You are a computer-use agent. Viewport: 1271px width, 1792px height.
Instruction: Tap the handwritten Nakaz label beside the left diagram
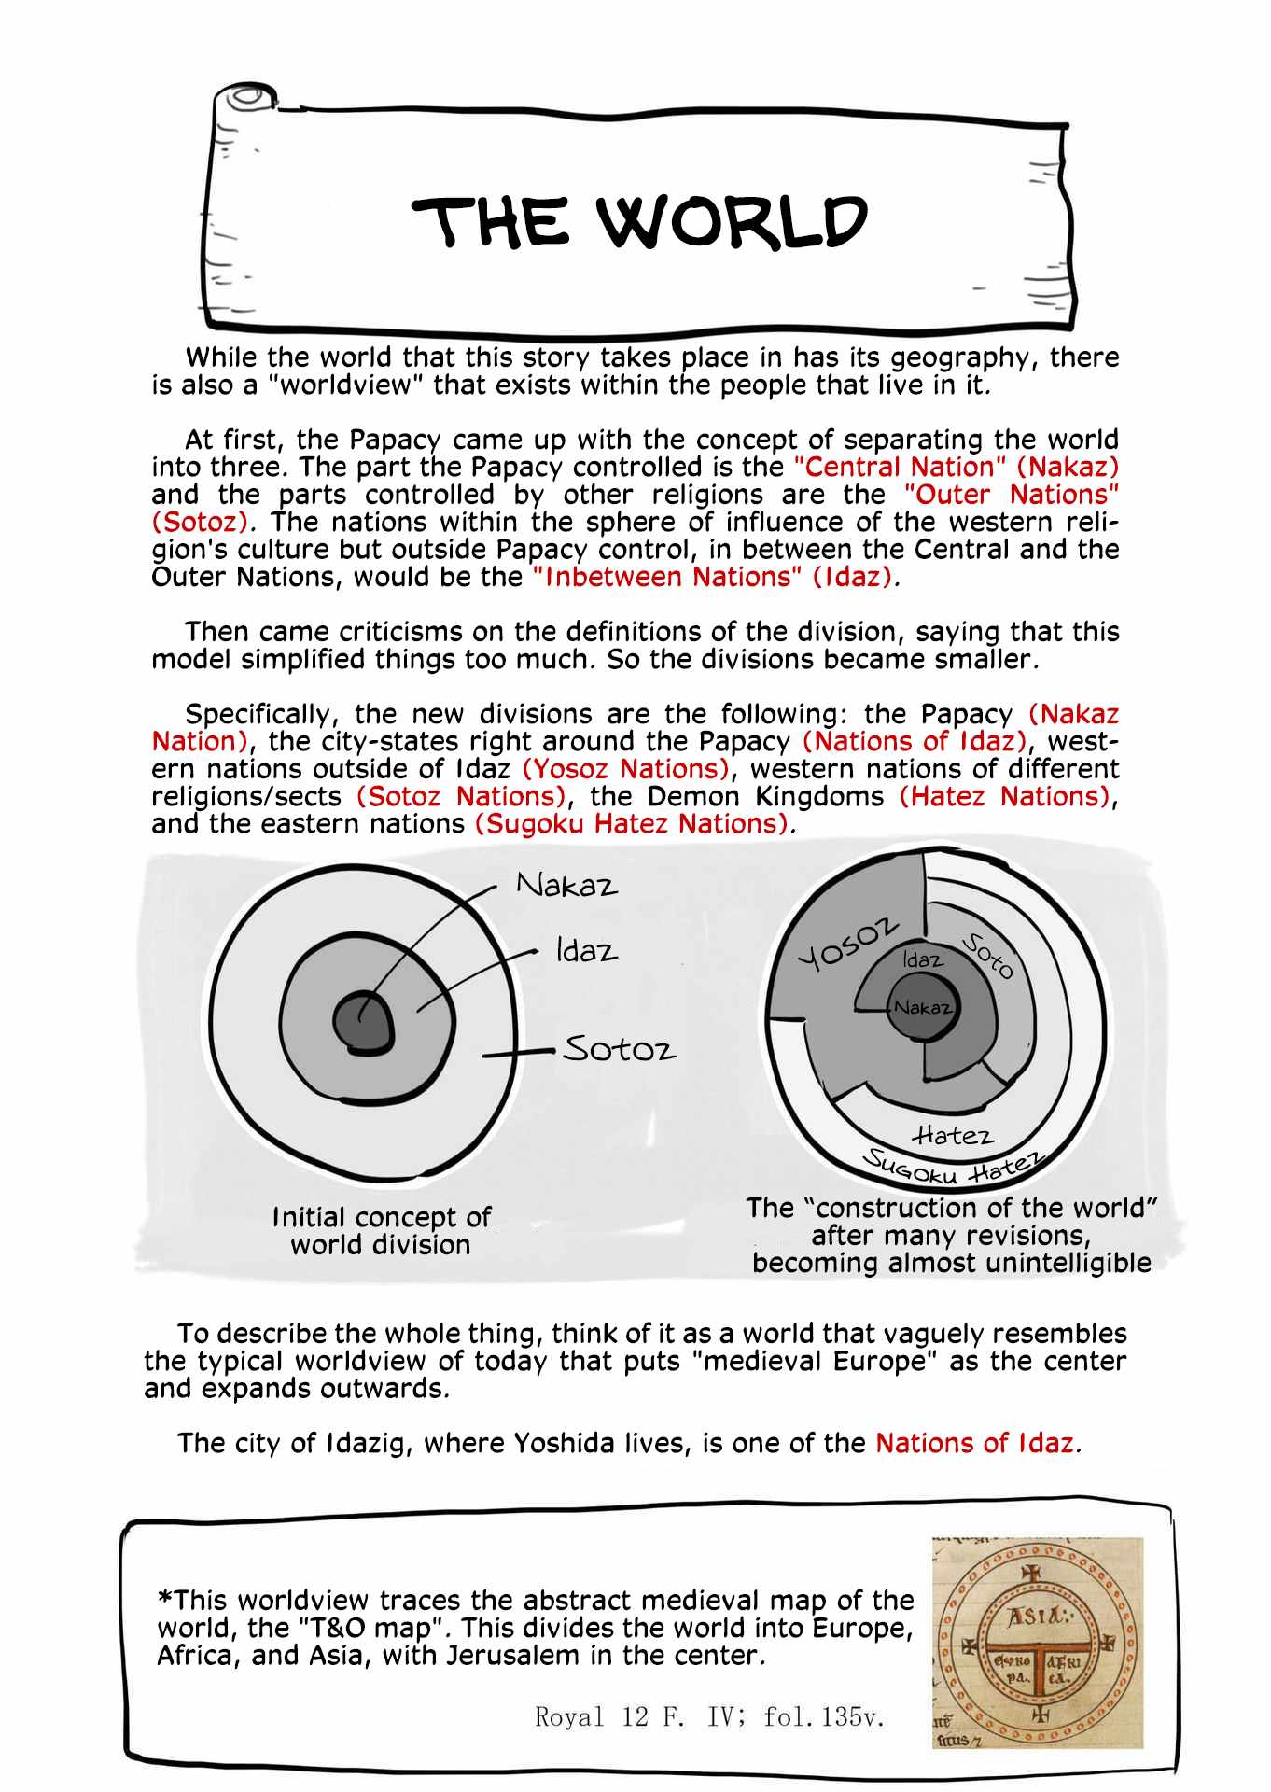567,885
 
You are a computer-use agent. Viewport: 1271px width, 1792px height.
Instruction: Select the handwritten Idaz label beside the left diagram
586,951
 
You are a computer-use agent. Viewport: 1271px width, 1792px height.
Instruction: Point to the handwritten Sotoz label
619,1049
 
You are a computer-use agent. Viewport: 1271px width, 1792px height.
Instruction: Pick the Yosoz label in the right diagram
848,943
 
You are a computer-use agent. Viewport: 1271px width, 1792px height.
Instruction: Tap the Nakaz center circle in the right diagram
922,1007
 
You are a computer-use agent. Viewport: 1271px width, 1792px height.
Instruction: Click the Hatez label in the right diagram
953,1135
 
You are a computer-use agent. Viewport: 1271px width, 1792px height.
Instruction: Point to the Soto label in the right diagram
988,956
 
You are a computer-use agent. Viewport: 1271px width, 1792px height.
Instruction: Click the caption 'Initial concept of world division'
381,1230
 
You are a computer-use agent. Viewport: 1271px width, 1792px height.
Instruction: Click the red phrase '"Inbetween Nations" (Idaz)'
713,577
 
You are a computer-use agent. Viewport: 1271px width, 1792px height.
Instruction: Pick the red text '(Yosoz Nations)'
625,769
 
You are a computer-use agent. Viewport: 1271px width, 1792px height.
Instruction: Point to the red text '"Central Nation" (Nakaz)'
956,467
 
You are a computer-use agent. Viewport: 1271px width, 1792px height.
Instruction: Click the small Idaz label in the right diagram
922,959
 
